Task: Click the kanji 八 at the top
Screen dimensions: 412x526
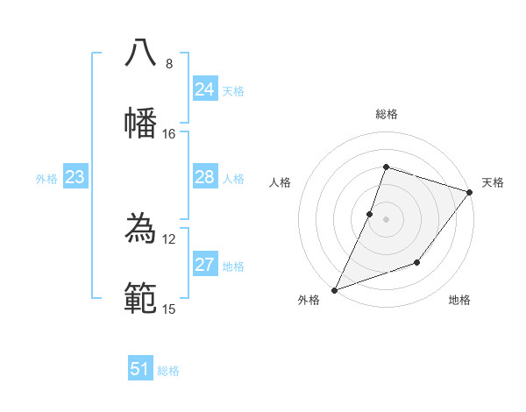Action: pos(140,53)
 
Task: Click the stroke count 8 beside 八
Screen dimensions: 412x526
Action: pos(169,64)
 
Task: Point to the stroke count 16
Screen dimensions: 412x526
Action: pos(169,134)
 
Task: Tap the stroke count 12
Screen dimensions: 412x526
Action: pos(169,239)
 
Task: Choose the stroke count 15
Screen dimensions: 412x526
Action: pos(169,309)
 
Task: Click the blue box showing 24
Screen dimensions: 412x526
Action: pos(204,89)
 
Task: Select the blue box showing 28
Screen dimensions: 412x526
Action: pos(204,177)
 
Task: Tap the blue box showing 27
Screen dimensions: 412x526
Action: pos(204,265)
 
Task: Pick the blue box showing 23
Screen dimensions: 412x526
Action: pos(75,177)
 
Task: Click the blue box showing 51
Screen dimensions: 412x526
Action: pos(140,369)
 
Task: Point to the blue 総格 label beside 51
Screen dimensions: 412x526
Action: pos(168,371)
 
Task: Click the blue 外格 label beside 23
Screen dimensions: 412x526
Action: pos(46,179)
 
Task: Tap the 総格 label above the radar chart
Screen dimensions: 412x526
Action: pos(386,114)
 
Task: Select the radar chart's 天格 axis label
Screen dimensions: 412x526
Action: pos(493,182)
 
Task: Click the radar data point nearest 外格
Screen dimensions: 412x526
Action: pos(334,289)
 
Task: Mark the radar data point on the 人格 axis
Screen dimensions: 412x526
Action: pos(370,214)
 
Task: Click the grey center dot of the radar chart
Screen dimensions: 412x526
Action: pos(386,219)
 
